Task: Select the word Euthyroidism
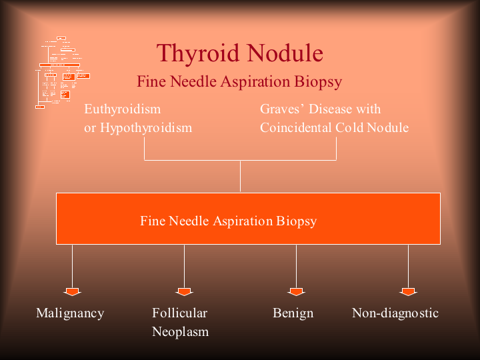(x=123, y=109)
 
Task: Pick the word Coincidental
(x=297, y=127)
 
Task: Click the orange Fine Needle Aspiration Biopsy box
(x=248, y=219)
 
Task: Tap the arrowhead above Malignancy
(x=72, y=291)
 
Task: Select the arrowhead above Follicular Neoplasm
(x=184, y=291)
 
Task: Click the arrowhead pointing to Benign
(x=296, y=291)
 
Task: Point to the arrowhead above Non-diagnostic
(x=408, y=291)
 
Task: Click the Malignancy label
(x=70, y=313)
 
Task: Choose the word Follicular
(x=179, y=313)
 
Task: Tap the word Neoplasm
(x=180, y=331)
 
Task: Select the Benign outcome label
(x=293, y=313)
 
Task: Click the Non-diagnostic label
(x=395, y=313)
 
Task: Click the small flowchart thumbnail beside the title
(x=62, y=72)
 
